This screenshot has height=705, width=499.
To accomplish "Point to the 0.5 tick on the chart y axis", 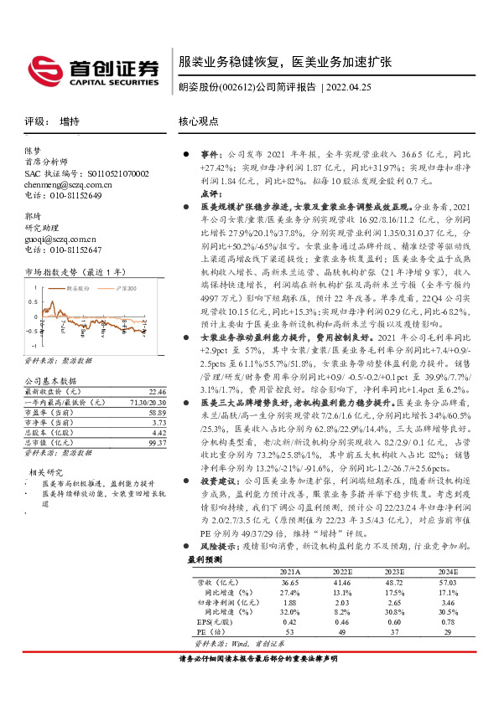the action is coord(34,301).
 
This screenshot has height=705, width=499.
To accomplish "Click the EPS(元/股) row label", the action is coord(215,621).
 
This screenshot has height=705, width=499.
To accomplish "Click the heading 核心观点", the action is coord(198,121).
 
